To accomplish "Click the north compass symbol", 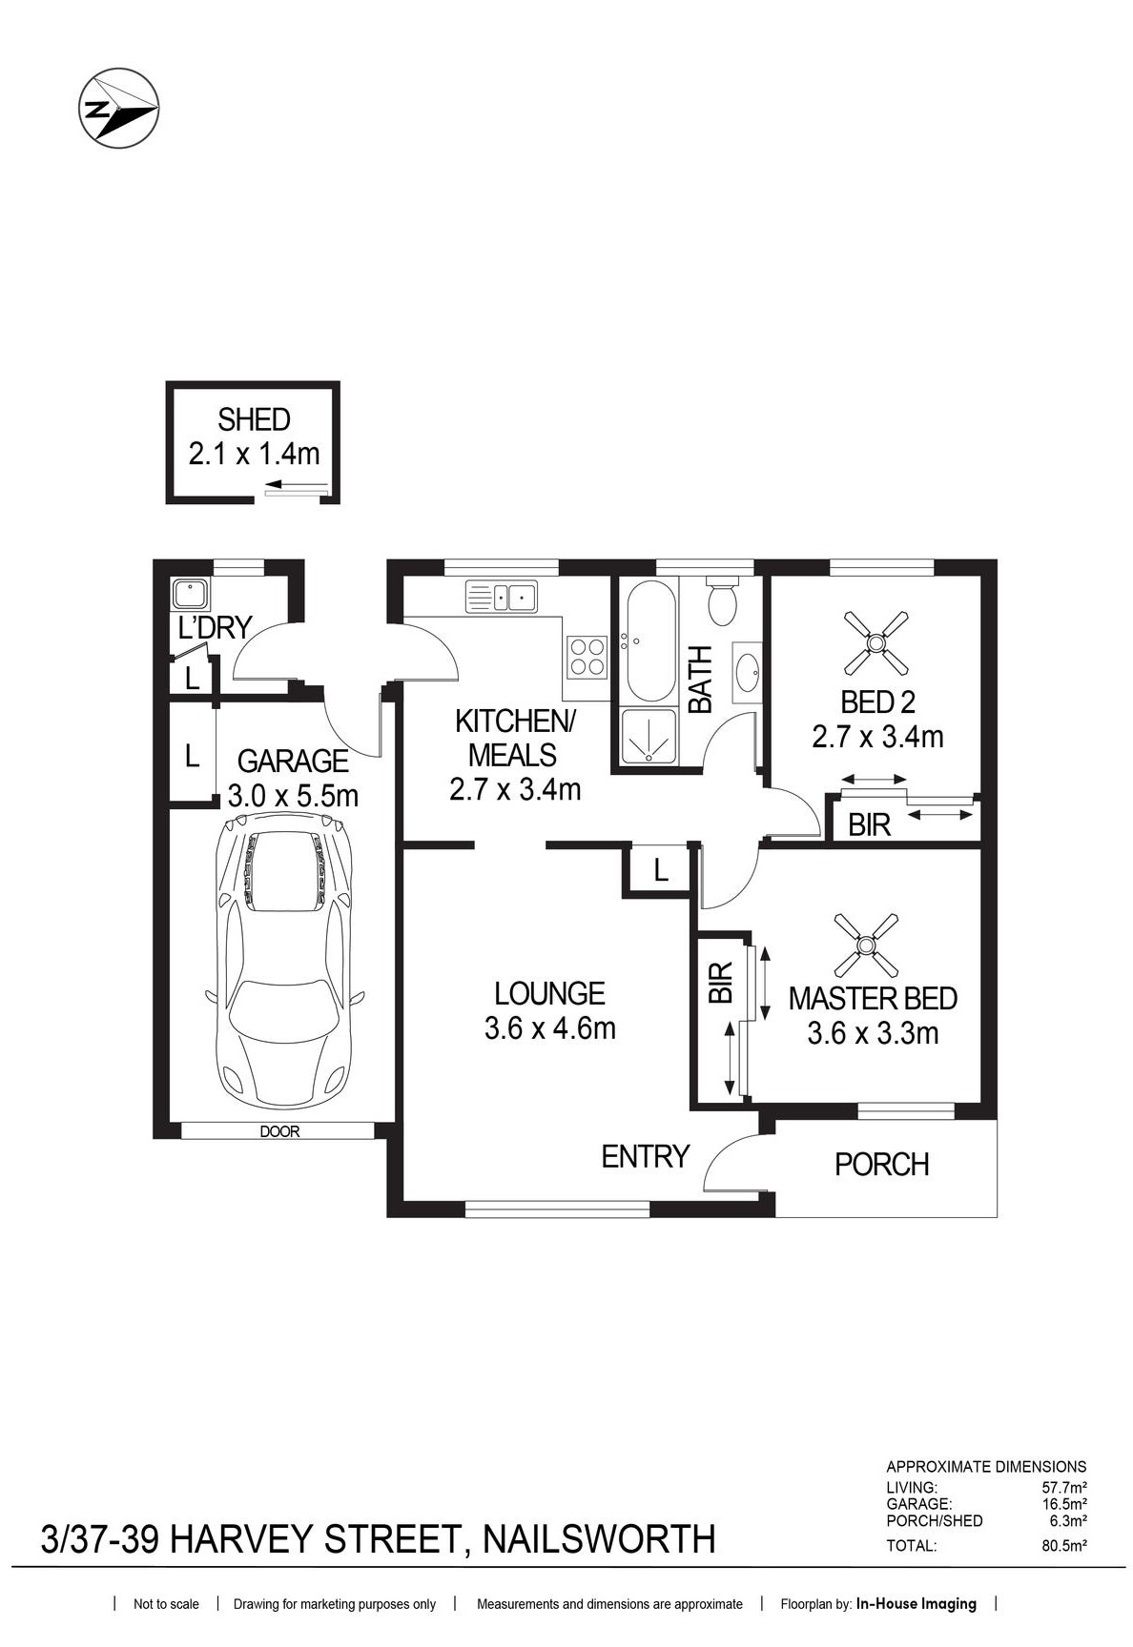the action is coord(118,108).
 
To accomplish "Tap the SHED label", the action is coord(254,419).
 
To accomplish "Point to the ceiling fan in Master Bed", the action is coord(866,945).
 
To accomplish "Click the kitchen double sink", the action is coord(501,597).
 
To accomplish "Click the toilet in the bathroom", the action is coord(722,600).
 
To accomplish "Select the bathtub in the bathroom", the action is coord(651,640).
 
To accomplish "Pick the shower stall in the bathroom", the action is coord(649,737).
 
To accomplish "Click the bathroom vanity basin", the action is coord(747,672).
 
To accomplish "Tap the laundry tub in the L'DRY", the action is coord(191,595).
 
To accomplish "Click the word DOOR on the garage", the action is coord(279,1132).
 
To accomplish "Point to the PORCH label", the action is coord(881,1164).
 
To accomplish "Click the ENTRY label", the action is coord(645,1156).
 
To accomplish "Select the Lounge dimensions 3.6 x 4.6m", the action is coord(549,1029).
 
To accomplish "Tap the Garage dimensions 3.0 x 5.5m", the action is coord(293,796).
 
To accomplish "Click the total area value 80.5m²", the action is coord(1064,1546).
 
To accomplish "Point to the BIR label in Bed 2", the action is coord(869,825).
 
